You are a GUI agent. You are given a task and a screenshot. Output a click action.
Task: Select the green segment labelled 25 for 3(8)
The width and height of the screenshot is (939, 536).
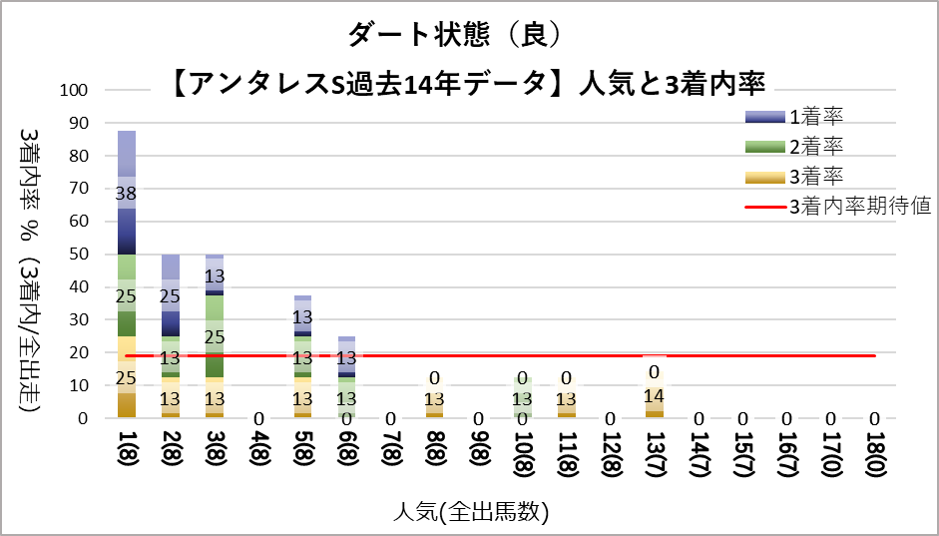click(215, 336)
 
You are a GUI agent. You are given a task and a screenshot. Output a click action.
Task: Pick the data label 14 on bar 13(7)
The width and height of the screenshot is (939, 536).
click(654, 395)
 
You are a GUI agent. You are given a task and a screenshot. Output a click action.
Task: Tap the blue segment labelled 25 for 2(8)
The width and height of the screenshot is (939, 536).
click(171, 295)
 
